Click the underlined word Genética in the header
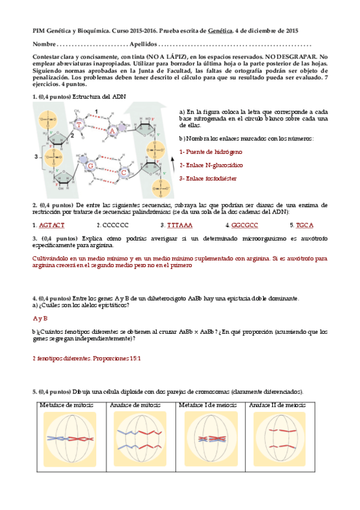pos(220,31)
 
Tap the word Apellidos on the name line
pos(143,44)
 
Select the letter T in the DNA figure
pos(79,124)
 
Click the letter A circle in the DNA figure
pos(112,131)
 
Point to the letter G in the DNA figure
pos(91,166)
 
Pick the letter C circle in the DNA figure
pos(123,173)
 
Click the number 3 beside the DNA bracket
pos(36,157)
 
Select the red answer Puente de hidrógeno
pos(210,152)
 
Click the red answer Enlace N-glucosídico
pos(211,165)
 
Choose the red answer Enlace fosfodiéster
pos(208,179)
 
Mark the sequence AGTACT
pos(52,225)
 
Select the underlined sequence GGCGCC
pos(245,225)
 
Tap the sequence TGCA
pos(305,225)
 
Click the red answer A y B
pos(40,318)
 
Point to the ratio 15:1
pos(135,358)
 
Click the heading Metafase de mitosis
pos(67,405)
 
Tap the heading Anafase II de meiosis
pos(278,405)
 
